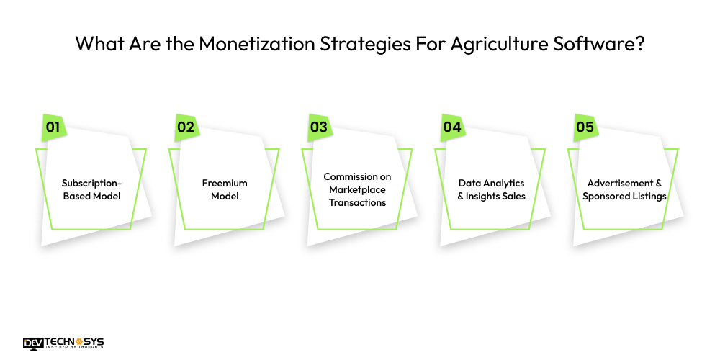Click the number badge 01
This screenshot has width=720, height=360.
[x=52, y=127]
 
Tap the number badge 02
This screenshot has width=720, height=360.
[x=185, y=127]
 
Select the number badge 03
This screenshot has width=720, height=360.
[x=318, y=127]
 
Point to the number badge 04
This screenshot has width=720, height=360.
[x=451, y=127]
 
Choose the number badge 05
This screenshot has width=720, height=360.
[x=585, y=127]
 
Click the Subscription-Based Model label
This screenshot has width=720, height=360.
[x=91, y=189]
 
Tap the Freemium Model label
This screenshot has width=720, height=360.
[x=224, y=189]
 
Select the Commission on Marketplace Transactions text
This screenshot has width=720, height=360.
[x=357, y=189]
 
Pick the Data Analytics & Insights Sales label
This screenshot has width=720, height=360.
[x=491, y=189]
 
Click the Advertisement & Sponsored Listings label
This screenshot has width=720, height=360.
[x=624, y=189]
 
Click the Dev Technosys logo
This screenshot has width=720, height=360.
[x=63, y=343]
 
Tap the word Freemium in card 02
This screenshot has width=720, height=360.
[x=224, y=183]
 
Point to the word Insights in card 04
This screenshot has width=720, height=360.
[x=487, y=196]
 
